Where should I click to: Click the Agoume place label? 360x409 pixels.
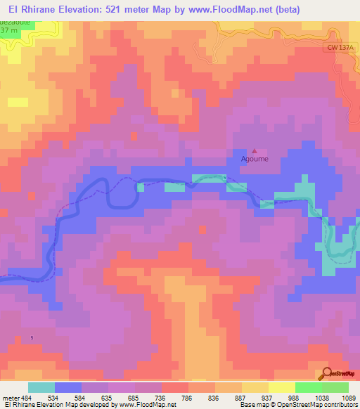coord(255,159)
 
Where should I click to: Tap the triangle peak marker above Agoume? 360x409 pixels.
coord(255,150)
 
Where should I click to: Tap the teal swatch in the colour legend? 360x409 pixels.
coord(41,387)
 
